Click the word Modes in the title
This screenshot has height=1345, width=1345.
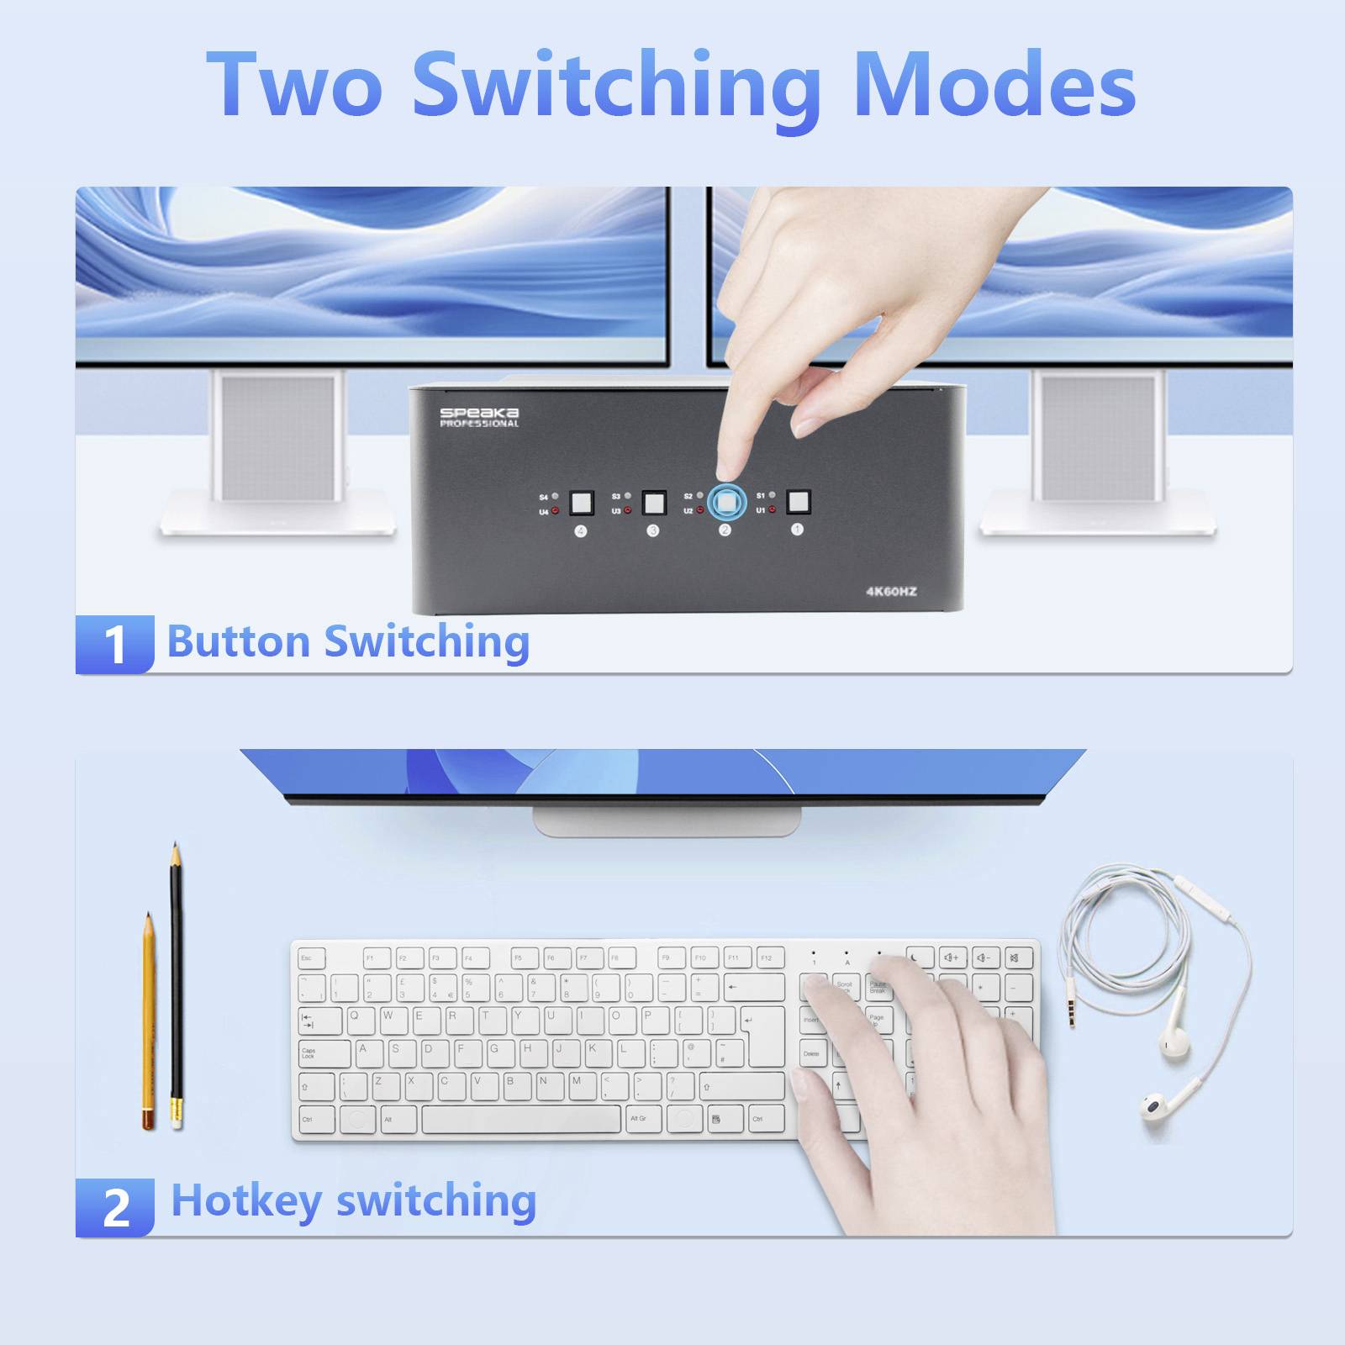pos(994,85)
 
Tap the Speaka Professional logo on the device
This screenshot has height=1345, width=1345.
pos(479,417)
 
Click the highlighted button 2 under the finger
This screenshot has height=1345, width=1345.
pos(726,504)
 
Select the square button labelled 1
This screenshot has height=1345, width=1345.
pos(798,502)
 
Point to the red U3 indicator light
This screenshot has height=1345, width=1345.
pos(628,510)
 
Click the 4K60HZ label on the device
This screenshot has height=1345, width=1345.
pos(891,592)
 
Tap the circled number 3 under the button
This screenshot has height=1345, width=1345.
pos(653,530)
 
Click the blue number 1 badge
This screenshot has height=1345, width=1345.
pos(114,644)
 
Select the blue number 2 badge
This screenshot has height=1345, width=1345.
pos(115,1207)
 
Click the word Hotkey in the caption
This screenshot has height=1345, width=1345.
pos(245,1200)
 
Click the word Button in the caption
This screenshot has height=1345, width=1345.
pos(239,641)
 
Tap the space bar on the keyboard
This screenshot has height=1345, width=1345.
pos(521,1119)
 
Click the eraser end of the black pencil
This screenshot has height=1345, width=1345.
pos(177,1113)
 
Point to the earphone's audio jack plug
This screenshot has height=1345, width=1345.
pos(1071,1008)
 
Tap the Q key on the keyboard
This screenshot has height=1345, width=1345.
pos(356,1019)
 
